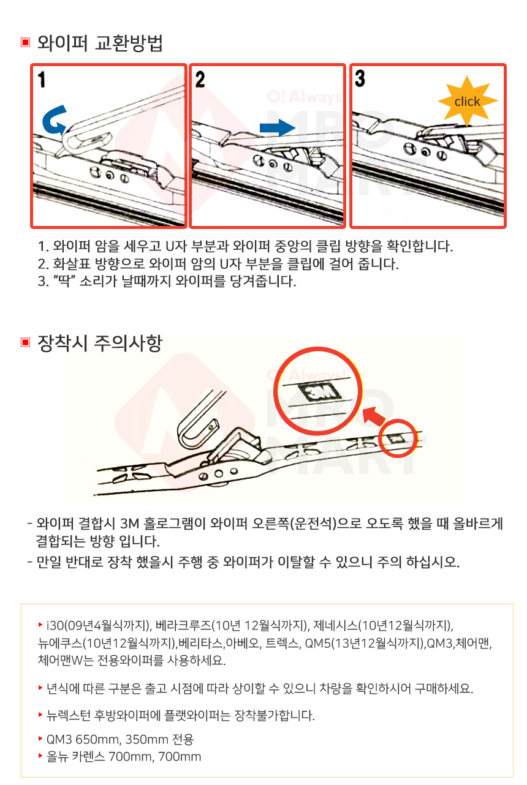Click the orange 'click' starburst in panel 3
click(x=468, y=101)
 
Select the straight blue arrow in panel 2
click(x=278, y=127)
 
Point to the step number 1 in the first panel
click(x=42, y=80)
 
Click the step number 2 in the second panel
click(x=200, y=80)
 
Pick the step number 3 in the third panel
click(x=360, y=78)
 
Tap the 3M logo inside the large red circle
click(x=319, y=392)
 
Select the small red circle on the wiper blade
click(x=398, y=438)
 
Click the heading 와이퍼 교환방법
click(x=100, y=43)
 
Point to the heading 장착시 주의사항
click(x=100, y=343)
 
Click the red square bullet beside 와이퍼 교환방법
click(x=25, y=42)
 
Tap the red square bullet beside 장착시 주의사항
click(x=25, y=342)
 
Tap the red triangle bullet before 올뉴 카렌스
click(x=40, y=756)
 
